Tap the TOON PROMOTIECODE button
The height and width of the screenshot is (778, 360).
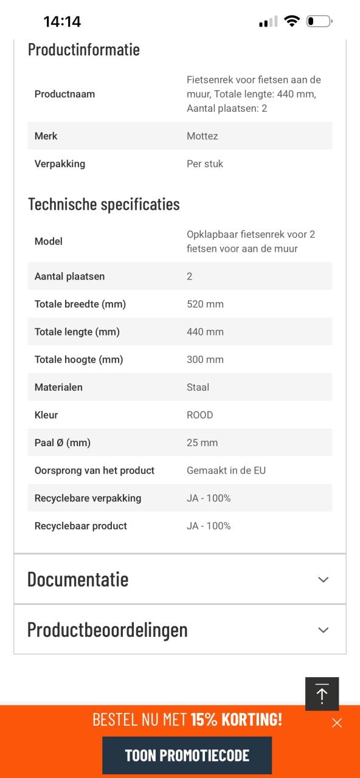pos(187,755)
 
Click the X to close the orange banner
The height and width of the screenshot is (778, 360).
pos(337,723)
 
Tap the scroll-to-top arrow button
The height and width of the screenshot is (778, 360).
pos(322,694)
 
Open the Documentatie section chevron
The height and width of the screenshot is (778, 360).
pos(324,579)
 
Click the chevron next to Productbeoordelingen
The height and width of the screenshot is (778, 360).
pos(324,630)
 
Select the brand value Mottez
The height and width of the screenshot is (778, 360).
pos(202,136)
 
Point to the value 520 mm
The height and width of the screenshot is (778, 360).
pos(205,304)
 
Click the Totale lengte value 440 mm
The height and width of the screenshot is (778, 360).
pos(205,332)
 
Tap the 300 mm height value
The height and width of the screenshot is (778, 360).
pos(205,360)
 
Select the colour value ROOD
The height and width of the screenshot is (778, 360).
pos(199,415)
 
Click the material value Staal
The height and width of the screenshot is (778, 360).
pos(198,387)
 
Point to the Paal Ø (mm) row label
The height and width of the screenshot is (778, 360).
pos(63,442)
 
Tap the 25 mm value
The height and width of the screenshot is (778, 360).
pos(202,442)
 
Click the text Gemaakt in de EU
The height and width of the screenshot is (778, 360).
pos(226,470)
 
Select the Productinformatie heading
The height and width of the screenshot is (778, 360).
pos(84,50)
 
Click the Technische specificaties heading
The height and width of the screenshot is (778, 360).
pos(104,204)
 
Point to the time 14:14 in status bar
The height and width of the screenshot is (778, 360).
pos(62,22)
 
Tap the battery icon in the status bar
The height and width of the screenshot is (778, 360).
pos(319,22)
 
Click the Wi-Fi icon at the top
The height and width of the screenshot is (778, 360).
pos(292,22)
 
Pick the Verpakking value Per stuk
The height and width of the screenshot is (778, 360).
pos(205,164)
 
